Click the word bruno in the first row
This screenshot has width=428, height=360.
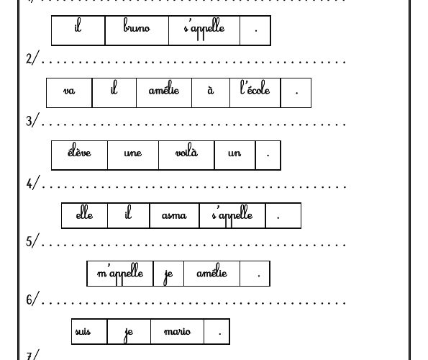tap(137, 25)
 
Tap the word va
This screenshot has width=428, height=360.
tap(69, 91)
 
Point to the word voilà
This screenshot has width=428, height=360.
tap(186, 150)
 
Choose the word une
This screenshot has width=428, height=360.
tap(132, 153)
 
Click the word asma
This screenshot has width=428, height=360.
tap(174, 215)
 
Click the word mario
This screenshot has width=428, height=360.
tap(177, 331)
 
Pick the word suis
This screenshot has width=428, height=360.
tap(83, 331)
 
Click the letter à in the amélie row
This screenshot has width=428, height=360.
tap(211, 90)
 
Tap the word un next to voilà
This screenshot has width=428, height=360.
tap(235, 153)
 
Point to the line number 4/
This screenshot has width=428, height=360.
tap(33, 182)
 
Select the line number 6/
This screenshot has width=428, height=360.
tap(33, 299)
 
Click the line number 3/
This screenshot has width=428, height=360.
tap(33, 120)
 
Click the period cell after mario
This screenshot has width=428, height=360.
tap(217, 331)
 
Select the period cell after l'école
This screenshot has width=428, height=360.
tap(296, 93)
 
